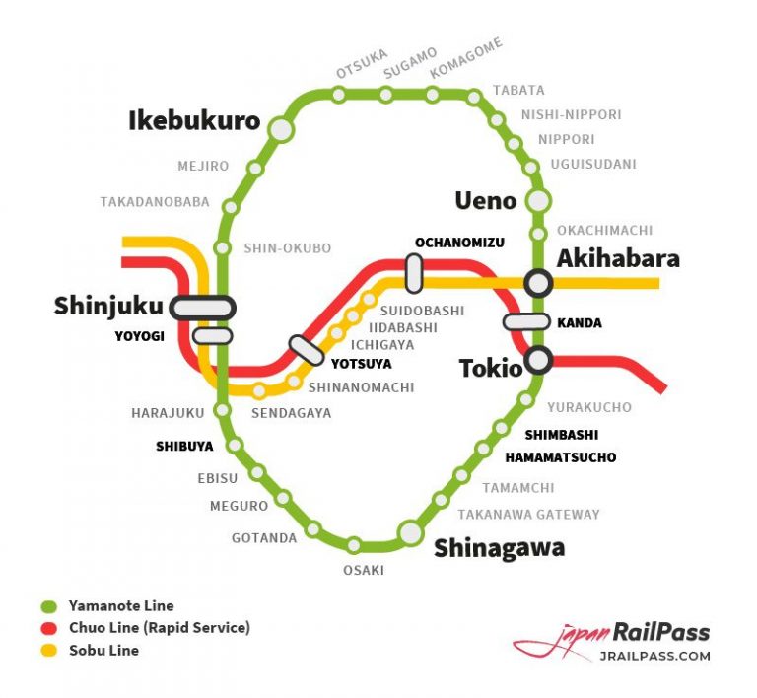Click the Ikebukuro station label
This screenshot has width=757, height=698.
(x=194, y=121)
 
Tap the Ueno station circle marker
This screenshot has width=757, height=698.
(x=538, y=201)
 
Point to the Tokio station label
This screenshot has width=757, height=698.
(x=490, y=369)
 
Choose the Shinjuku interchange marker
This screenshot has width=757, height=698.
(x=202, y=308)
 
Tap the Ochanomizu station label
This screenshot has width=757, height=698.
(x=459, y=243)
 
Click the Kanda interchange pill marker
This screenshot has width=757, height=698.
(x=525, y=321)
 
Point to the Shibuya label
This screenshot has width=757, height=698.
(x=184, y=446)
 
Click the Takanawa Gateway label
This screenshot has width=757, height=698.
(x=528, y=514)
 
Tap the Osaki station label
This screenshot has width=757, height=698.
(x=363, y=571)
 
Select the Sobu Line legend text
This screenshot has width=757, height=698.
(x=103, y=650)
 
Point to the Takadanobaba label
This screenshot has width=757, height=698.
(x=155, y=202)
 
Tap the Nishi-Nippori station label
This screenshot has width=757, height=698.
(x=571, y=114)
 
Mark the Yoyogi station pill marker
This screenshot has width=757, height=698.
(x=212, y=336)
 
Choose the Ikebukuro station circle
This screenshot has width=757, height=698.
(x=282, y=128)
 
